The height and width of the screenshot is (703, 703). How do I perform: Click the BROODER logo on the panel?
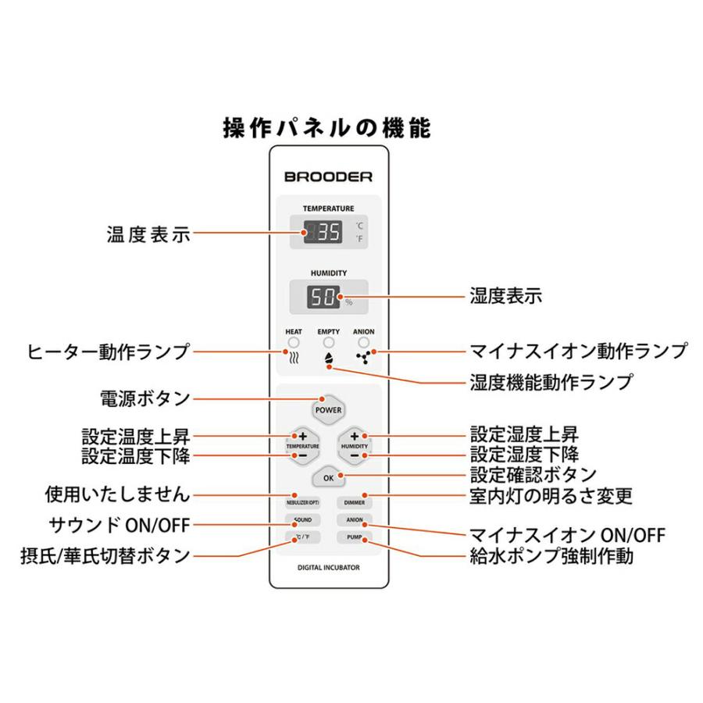click(328, 177)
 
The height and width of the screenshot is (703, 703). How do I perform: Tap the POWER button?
click(328, 409)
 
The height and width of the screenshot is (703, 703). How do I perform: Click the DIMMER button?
click(354, 502)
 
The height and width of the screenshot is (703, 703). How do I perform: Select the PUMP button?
click(354, 537)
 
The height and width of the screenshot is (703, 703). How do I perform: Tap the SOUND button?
click(302, 520)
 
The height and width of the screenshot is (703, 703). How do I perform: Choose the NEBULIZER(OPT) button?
click(302, 502)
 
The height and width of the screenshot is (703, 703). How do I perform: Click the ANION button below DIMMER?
click(354, 520)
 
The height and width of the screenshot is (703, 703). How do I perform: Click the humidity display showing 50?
click(323, 297)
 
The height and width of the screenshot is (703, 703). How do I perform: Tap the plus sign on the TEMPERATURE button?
click(302, 436)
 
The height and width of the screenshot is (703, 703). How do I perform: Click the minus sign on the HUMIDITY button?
click(355, 455)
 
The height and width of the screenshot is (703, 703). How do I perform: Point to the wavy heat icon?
click(294, 360)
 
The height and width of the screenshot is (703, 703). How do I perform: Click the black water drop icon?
click(329, 360)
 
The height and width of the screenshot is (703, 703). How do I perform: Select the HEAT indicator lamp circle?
click(294, 343)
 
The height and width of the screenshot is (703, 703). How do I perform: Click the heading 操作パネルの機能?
click(327, 127)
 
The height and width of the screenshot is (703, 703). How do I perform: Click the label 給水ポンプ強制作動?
click(550, 557)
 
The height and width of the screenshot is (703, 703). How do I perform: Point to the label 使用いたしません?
click(117, 494)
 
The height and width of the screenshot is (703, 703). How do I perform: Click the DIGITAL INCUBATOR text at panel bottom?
click(328, 568)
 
